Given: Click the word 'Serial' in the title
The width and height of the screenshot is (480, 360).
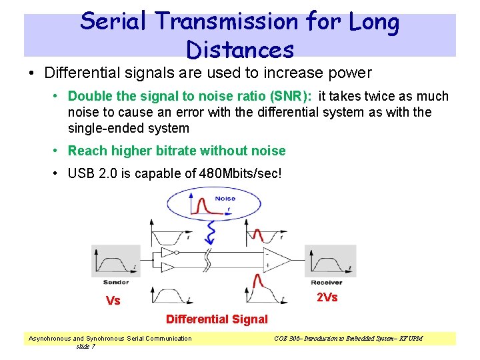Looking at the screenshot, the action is tap(113, 22).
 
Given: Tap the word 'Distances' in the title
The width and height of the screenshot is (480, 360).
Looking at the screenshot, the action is tap(240, 49).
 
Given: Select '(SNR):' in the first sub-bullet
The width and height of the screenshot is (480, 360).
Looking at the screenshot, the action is tap(292, 97).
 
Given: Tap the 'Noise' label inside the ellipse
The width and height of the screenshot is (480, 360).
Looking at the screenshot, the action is tap(225, 199).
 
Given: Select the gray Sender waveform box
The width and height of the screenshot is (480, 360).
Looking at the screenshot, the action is tap(111, 261).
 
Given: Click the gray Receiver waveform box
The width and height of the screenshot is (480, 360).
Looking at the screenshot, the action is tap(326, 261).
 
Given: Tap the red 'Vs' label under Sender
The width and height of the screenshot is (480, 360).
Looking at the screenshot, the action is tap(113, 301).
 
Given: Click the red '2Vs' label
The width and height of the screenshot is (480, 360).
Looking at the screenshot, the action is tap(327, 297).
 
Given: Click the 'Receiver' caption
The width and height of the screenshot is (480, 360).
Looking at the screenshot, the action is tap(327, 282).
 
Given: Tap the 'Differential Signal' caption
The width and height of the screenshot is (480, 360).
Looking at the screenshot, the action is tap(217, 319).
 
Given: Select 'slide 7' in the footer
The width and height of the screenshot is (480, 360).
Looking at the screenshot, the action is tap(85, 346).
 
